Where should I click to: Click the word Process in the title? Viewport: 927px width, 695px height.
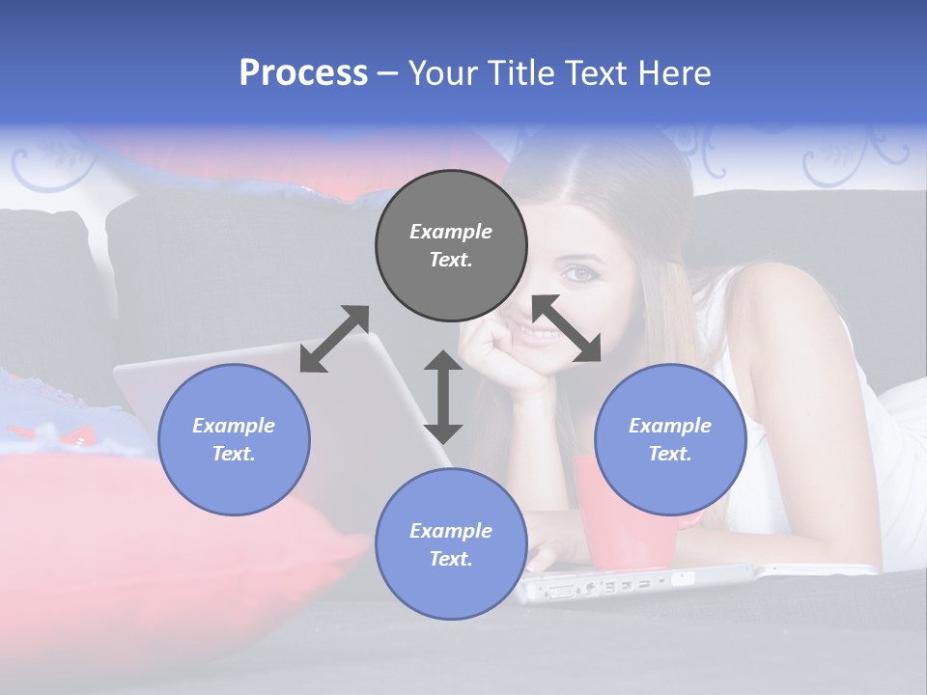pos(303,73)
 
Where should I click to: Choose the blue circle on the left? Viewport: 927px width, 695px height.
pos(234,439)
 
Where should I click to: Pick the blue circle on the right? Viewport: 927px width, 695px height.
pos(670,439)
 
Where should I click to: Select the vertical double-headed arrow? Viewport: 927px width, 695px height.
pos(443,397)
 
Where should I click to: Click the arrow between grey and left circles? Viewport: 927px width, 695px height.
pos(334,339)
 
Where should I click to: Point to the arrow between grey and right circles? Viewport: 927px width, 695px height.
pos(567,328)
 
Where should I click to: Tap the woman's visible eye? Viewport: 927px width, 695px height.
pos(580,274)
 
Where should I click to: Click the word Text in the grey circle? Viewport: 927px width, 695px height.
pos(451,260)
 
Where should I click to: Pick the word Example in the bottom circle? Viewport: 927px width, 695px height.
pos(451,531)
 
